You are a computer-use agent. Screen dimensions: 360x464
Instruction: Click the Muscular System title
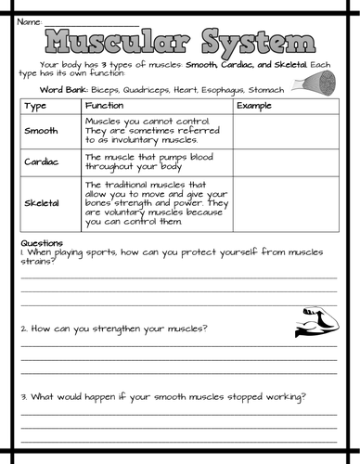tap(180, 42)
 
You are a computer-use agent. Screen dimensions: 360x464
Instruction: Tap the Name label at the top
tap(29, 20)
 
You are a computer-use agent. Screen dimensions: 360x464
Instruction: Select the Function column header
tap(103, 106)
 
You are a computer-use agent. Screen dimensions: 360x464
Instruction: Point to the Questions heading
tap(40, 243)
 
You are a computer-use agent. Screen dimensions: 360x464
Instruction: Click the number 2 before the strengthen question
tap(22, 329)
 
